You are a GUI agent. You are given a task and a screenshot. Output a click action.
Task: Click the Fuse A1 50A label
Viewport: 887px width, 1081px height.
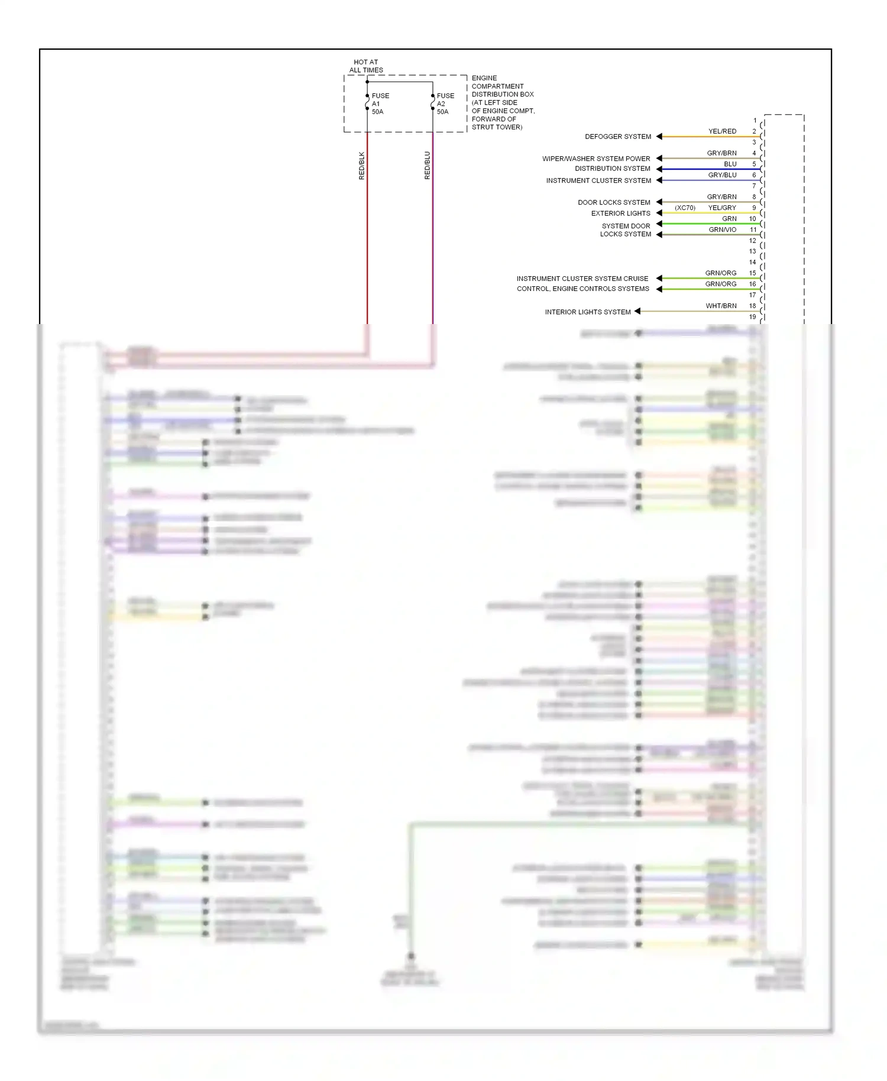pyautogui.click(x=380, y=103)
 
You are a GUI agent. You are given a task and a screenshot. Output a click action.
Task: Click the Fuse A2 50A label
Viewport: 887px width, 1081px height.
pyautogui.click(x=445, y=103)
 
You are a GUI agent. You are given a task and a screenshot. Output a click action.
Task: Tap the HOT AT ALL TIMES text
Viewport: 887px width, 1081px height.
pyautogui.click(x=366, y=66)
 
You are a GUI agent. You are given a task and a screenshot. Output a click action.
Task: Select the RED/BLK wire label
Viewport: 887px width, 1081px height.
pyautogui.click(x=362, y=166)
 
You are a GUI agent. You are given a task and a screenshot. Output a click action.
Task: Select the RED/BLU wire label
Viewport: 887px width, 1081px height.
pyautogui.click(x=428, y=166)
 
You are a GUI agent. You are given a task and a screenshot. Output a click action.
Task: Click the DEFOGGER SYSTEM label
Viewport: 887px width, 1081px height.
pyautogui.click(x=618, y=137)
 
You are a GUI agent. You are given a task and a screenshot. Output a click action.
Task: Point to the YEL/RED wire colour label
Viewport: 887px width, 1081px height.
pyautogui.click(x=722, y=131)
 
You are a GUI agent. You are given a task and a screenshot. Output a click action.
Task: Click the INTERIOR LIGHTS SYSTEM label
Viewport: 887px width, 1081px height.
pyautogui.click(x=588, y=312)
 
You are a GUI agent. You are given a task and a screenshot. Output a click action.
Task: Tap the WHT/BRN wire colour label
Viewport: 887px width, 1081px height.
pyautogui.click(x=721, y=306)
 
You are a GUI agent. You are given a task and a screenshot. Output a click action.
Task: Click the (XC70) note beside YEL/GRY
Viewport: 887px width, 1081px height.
pyautogui.click(x=685, y=208)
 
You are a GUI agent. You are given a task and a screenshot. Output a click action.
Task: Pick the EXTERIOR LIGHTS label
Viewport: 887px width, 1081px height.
pyautogui.click(x=620, y=213)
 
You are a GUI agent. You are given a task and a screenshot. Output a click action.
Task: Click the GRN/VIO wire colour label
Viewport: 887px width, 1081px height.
pyautogui.click(x=722, y=229)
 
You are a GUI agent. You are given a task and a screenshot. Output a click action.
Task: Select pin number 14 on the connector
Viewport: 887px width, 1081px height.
pyautogui.click(x=752, y=262)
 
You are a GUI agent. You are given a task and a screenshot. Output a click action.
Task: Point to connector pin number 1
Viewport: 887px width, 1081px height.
pyautogui.click(x=755, y=121)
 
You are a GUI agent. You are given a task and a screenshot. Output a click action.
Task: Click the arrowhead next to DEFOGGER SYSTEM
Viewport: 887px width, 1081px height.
pyautogui.click(x=659, y=137)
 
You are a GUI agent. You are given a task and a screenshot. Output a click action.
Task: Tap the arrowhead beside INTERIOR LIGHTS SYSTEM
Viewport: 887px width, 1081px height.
pyautogui.click(x=637, y=311)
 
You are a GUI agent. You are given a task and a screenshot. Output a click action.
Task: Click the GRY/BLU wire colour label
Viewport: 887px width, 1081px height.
pyautogui.click(x=722, y=175)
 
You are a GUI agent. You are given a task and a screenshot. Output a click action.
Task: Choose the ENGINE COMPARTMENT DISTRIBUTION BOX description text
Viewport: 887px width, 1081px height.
pyautogui.click(x=503, y=102)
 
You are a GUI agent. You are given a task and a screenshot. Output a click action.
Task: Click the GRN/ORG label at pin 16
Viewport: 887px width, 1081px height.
pyautogui.click(x=720, y=284)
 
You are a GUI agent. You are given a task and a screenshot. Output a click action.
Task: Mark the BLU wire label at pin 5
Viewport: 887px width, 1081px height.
pyautogui.click(x=730, y=164)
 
